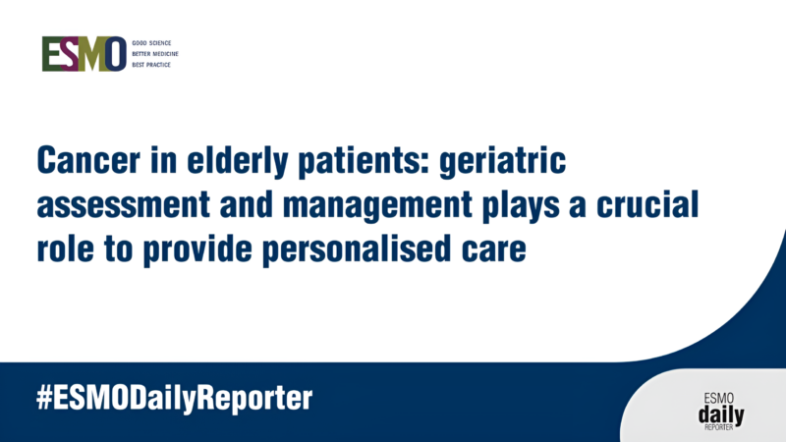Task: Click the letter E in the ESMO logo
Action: click(x=50, y=55)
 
